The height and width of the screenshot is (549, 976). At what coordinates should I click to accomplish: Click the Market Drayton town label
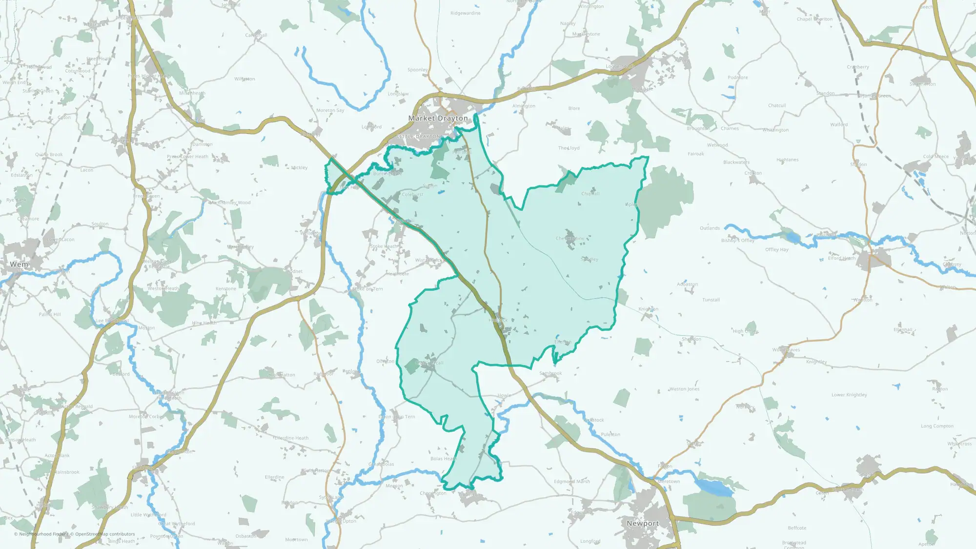point(438,118)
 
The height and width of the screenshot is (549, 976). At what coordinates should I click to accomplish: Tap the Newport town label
point(643,523)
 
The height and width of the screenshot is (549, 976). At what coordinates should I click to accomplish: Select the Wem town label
point(20,264)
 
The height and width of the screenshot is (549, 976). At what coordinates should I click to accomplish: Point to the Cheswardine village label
point(569,239)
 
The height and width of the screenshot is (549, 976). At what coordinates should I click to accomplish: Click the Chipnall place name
point(590,194)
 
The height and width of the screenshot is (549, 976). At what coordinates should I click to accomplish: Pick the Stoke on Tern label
point(367,289)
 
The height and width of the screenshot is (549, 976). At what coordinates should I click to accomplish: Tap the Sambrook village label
point(550,373)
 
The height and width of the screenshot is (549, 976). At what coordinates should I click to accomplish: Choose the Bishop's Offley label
point(737,241)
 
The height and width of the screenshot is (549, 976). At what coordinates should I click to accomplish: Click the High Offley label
point(745,331)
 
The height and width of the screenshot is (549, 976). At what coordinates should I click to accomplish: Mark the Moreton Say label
point(330,110)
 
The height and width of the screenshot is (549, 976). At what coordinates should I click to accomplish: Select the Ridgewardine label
point(465,13)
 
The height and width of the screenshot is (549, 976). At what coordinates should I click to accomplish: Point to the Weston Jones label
point(684,389)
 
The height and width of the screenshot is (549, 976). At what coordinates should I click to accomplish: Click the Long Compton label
point(937,426)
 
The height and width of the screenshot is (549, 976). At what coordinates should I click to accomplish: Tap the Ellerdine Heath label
point(291,438)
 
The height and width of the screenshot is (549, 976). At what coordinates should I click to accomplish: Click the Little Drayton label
point(418,137)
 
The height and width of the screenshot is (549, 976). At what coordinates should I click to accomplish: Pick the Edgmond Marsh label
point(571,482)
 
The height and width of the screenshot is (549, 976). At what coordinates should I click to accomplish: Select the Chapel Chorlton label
point(814,20)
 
